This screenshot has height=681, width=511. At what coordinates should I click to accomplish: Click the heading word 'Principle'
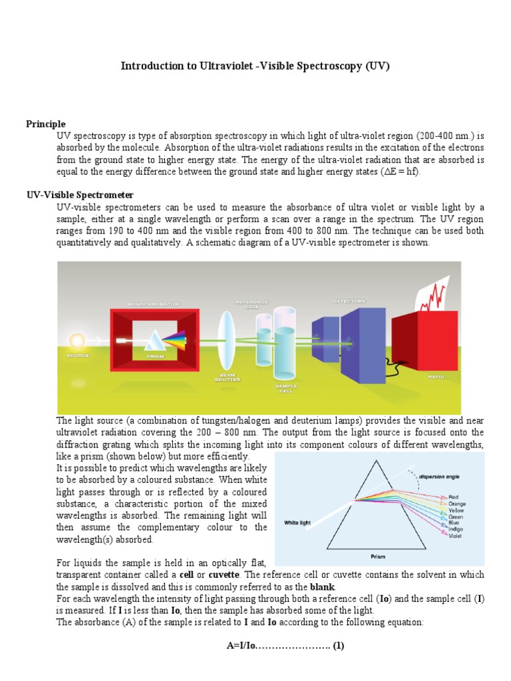(45, 124)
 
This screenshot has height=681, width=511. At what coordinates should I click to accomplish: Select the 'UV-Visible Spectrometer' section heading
(80, 195)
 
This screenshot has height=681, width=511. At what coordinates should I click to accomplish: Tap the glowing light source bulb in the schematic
(77, 340)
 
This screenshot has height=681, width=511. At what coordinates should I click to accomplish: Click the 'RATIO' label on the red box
(435, 376)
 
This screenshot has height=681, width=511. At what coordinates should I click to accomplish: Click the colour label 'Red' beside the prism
(453, 497)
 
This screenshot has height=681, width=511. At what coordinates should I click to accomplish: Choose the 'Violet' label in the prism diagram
(455, 535)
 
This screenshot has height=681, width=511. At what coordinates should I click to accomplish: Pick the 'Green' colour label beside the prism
(456, 516)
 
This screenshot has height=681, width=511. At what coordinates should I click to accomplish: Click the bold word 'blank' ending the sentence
(323, 587)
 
